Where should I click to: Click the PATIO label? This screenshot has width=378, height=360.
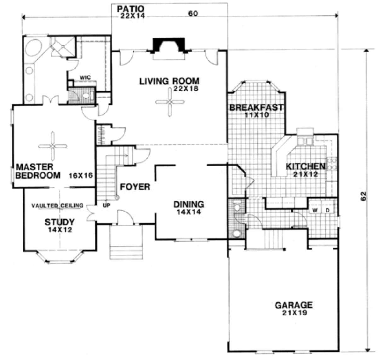130,9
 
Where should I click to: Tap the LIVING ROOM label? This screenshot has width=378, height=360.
169,81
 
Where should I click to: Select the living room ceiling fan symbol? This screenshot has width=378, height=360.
169,102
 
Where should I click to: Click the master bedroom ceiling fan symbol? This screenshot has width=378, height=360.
53,146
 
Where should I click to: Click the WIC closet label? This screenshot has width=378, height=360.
85,77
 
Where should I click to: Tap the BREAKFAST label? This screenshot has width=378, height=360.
256,107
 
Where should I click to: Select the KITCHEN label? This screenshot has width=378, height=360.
306,166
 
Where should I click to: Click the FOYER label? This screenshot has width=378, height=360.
135,187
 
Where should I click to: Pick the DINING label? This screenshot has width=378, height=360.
189,204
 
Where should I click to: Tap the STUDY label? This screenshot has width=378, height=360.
60,222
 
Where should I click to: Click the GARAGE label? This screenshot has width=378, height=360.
294,305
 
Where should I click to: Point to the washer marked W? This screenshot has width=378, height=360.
315,210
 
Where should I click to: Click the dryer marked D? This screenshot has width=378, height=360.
327,210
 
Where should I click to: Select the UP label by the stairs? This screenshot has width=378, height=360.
106,205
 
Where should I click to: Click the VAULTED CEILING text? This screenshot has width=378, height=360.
57,206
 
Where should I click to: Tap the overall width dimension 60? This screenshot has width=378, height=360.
193,14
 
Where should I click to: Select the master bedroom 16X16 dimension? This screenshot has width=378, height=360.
81,175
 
